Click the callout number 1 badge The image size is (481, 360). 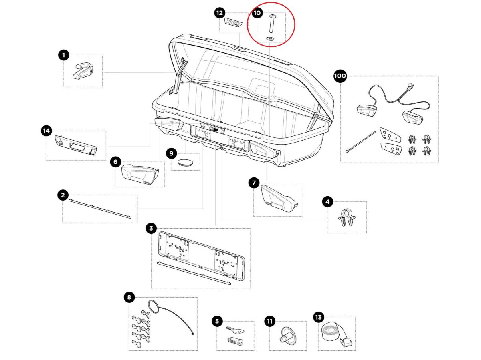click(x=63, y=55)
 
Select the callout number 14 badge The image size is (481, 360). click(x=46, y=131)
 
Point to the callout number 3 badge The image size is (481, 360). click(x=151, y=229)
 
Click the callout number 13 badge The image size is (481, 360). click(x=319, y=318)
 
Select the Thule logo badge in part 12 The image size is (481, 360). click(x=234, y=22)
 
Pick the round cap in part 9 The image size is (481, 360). click(x=185, y=162)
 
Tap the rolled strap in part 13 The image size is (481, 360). click(x=331, y=332)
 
